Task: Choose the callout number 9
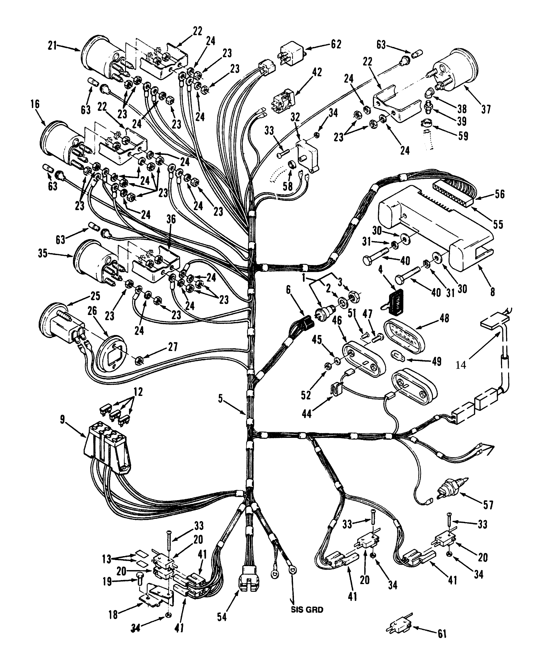(63, 419)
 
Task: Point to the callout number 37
(486, 109)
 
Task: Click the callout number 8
(492, 292)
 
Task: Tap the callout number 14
(461, 365)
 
